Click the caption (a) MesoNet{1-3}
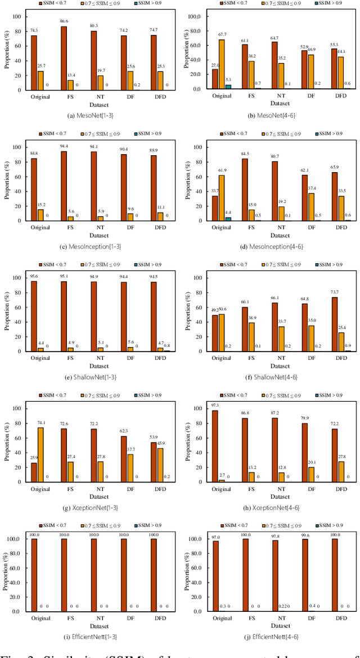click(x=93, y=115)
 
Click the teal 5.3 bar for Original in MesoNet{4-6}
click(x=228, y=86)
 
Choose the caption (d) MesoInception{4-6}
click(x=274, y=246)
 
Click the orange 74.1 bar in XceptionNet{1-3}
click(x=41, y=454)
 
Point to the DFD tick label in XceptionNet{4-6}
click(x=341, y=489)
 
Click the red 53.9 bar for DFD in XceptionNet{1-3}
click(x=154, y=462)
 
